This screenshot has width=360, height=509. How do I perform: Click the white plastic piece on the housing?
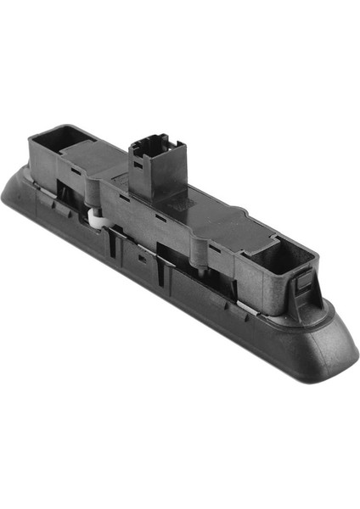click(95, 219)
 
